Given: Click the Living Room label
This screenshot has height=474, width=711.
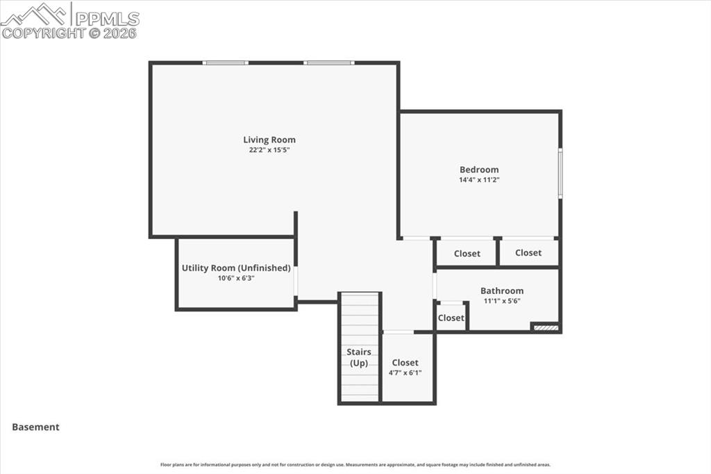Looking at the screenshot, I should (x=269, y=140).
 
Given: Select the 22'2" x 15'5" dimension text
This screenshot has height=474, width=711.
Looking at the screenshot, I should (x=269, y=149).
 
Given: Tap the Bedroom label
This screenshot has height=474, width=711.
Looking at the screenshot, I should (x=479, y=170).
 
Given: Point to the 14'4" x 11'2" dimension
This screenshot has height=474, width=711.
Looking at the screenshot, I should (x=479, y=179).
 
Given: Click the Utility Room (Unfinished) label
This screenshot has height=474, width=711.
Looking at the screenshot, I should (x=236, y=268).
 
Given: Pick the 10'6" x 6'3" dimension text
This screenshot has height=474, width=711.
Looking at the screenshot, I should (x=236, y=278).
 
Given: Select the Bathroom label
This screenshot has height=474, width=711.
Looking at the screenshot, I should (x=502, y=291).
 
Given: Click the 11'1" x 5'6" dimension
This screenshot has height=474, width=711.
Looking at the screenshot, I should (x=502, y=301).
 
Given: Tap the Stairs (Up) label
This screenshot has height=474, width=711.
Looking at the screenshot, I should (x=359, y=357).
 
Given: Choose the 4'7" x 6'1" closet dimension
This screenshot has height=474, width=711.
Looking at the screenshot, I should (x=405, y=373).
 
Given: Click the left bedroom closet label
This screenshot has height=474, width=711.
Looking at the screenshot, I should (x=467, y=254).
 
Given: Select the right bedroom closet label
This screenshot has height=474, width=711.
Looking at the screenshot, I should (x=528, y=253).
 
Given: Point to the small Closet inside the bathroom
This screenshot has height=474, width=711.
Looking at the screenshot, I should (x=451, y=318).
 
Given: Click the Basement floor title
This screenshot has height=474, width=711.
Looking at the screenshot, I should (x=36, y=427).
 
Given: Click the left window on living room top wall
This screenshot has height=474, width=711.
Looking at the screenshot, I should (x=225, y=63).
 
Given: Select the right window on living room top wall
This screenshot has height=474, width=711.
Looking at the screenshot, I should (x=328, y=63).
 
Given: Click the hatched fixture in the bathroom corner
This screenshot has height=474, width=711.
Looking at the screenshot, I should (x=545, y=327).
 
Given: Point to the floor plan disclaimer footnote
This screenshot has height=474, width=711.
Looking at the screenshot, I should (x=355, y=465).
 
